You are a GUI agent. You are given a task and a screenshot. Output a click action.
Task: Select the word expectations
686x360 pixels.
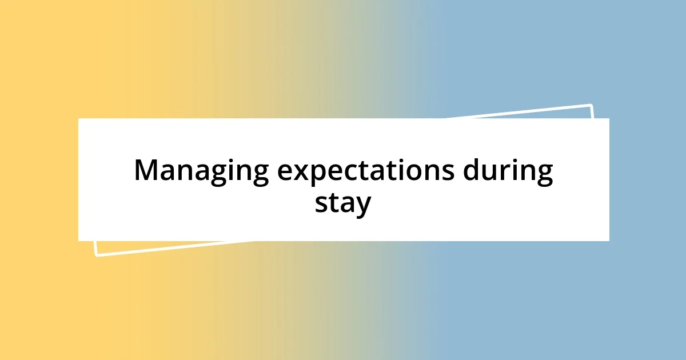366,171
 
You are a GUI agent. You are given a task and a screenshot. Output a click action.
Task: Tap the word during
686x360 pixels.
508,171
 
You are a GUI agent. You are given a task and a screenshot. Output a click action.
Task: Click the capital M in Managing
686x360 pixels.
146,170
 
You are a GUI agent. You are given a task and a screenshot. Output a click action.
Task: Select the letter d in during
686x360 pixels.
472,170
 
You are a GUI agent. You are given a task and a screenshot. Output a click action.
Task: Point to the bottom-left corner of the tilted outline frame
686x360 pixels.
96,255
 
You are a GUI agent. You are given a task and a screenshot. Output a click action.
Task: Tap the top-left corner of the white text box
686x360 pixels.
78,118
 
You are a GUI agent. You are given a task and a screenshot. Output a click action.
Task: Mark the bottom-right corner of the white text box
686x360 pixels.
609,241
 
